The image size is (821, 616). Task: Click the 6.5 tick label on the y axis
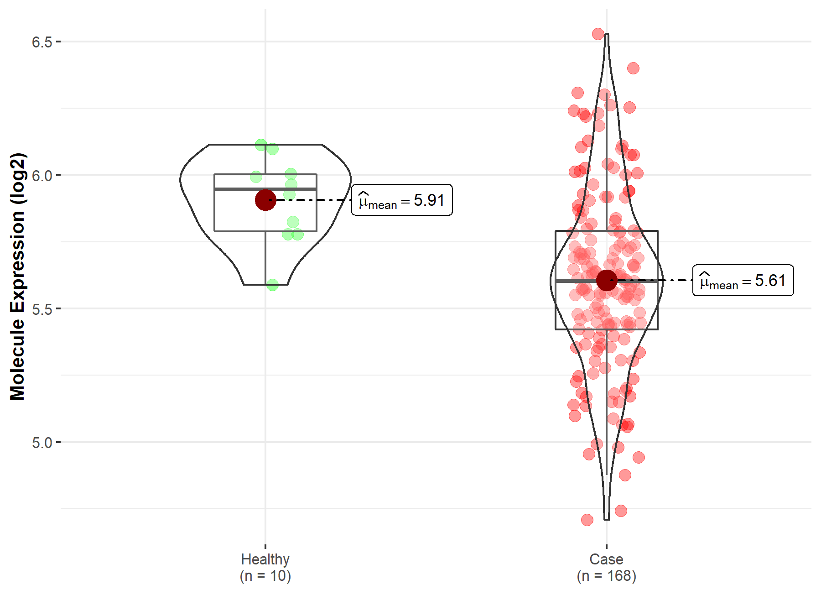pyautogui.click(x=42, y=42)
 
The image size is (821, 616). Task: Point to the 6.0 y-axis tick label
pyautogui.click(x=42, y=175)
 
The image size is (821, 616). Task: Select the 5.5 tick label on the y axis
pyautogui.click(x=42, y=309)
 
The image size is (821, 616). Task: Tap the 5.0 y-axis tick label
pyautogui.click(x=42, y=443)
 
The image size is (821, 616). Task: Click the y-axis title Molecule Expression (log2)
pyautogui.click(x=17, y=277)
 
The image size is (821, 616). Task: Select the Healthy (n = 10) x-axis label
pyautogui.click(x=265, y=567)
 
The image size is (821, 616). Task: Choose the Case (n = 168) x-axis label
pyautogui.click(x=606, y=567)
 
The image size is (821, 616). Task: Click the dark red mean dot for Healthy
pyautogui.click(x=265, y=200)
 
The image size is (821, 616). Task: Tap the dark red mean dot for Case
pyautogui.click(x=606, y=280)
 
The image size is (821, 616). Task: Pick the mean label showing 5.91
pyautogui.click(x=402, y=200)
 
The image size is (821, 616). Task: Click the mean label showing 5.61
pyautogui.click(x=743, y=280)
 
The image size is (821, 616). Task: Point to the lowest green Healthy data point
pyautogui.click(x=272, y=285)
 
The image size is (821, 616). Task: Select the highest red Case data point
pyautogui.click(x=598, y=34)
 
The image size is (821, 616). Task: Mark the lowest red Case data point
pyautogui.click(x=587, y=520)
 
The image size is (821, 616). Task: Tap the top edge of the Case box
pyautogui.click(x=579, y=231)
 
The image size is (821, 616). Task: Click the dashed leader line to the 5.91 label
pyautogui.click(x=315, y=200)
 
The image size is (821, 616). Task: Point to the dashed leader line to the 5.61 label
pyautogui.click(x=657, y=280)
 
